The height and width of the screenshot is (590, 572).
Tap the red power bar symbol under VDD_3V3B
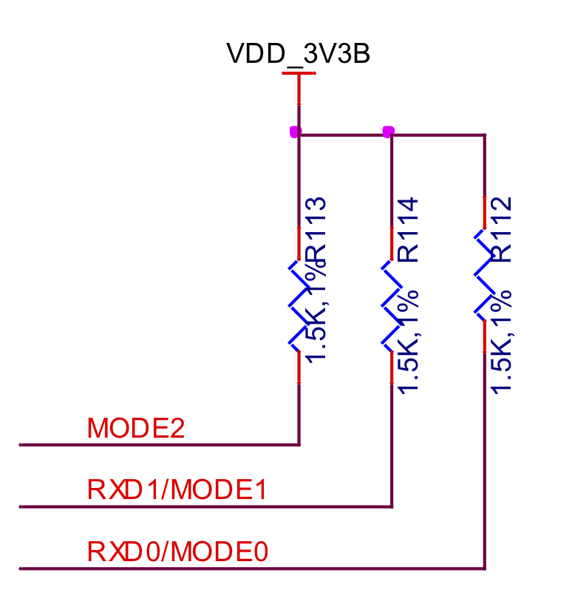299,74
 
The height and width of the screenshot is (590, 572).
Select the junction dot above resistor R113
296,132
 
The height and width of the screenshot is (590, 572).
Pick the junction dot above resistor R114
388,132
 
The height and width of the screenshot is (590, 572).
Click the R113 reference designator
316,230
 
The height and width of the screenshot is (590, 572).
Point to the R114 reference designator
409,230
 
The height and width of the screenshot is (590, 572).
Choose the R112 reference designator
502,230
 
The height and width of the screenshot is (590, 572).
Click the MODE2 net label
135,429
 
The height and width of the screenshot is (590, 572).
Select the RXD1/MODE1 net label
177,489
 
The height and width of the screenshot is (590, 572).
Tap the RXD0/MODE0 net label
177,552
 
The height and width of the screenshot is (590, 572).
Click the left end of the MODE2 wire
21,445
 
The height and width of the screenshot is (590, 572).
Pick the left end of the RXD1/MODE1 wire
21,507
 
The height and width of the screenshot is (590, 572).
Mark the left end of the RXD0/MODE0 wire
21,569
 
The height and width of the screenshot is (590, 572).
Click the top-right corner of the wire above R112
485,135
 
